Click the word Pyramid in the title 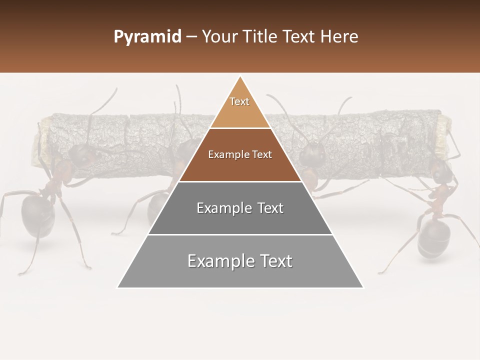click(x=147, y=37)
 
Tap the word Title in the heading click(x=262, y=37)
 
